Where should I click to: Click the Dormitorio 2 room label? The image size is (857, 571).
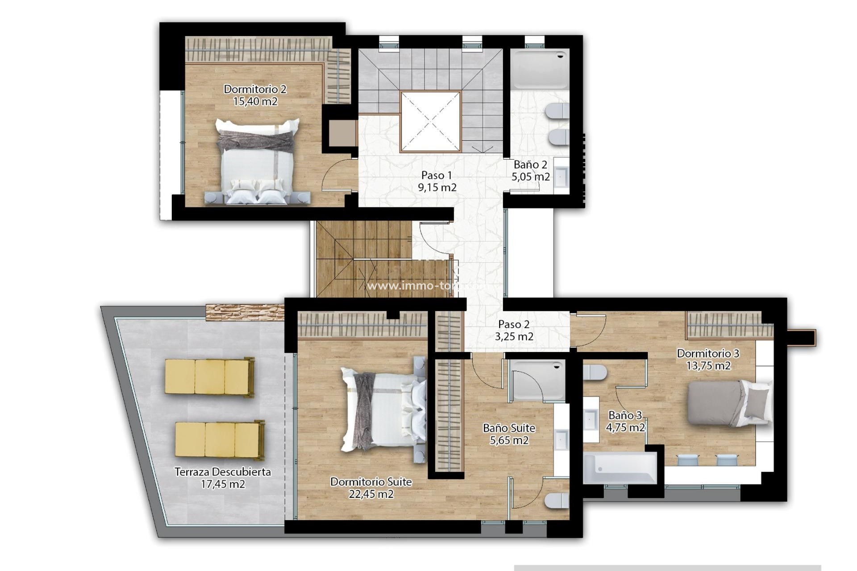click(255, 89)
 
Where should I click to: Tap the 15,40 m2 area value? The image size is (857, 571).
click(255, 102)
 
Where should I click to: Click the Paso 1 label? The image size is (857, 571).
click(437, 175)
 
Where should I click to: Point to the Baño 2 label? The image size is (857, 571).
click(530, 165)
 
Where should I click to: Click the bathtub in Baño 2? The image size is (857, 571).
click(540, 70)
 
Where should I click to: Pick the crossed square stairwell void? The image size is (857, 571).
click(430, 122)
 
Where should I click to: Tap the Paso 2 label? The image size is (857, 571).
click(514, 324)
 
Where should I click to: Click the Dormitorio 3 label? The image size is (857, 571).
click(708, 353)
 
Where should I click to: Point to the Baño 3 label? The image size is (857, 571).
click(625, 415)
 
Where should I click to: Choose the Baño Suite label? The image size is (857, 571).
click(509, 428)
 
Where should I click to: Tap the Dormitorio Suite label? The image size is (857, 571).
click(370, 482)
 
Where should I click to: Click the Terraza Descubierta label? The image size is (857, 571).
click(222, 472)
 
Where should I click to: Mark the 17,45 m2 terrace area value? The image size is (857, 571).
click(222, 484)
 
